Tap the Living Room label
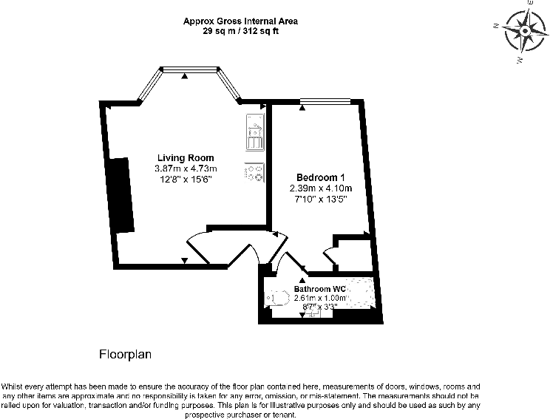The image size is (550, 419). point(186,157)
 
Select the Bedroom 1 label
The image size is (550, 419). point(320,177)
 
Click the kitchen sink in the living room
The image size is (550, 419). point(256,136)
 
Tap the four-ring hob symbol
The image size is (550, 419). point(255,172)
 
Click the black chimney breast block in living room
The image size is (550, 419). point(120,194)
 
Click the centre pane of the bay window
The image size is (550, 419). point(188,70)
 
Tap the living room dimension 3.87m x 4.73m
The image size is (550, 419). point(186,168)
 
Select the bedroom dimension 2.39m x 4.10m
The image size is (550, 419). point(321,188)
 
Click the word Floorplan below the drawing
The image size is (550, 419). point(125,355)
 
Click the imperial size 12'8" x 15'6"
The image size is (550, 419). point(186,179)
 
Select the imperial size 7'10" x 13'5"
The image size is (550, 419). point(321,199)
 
